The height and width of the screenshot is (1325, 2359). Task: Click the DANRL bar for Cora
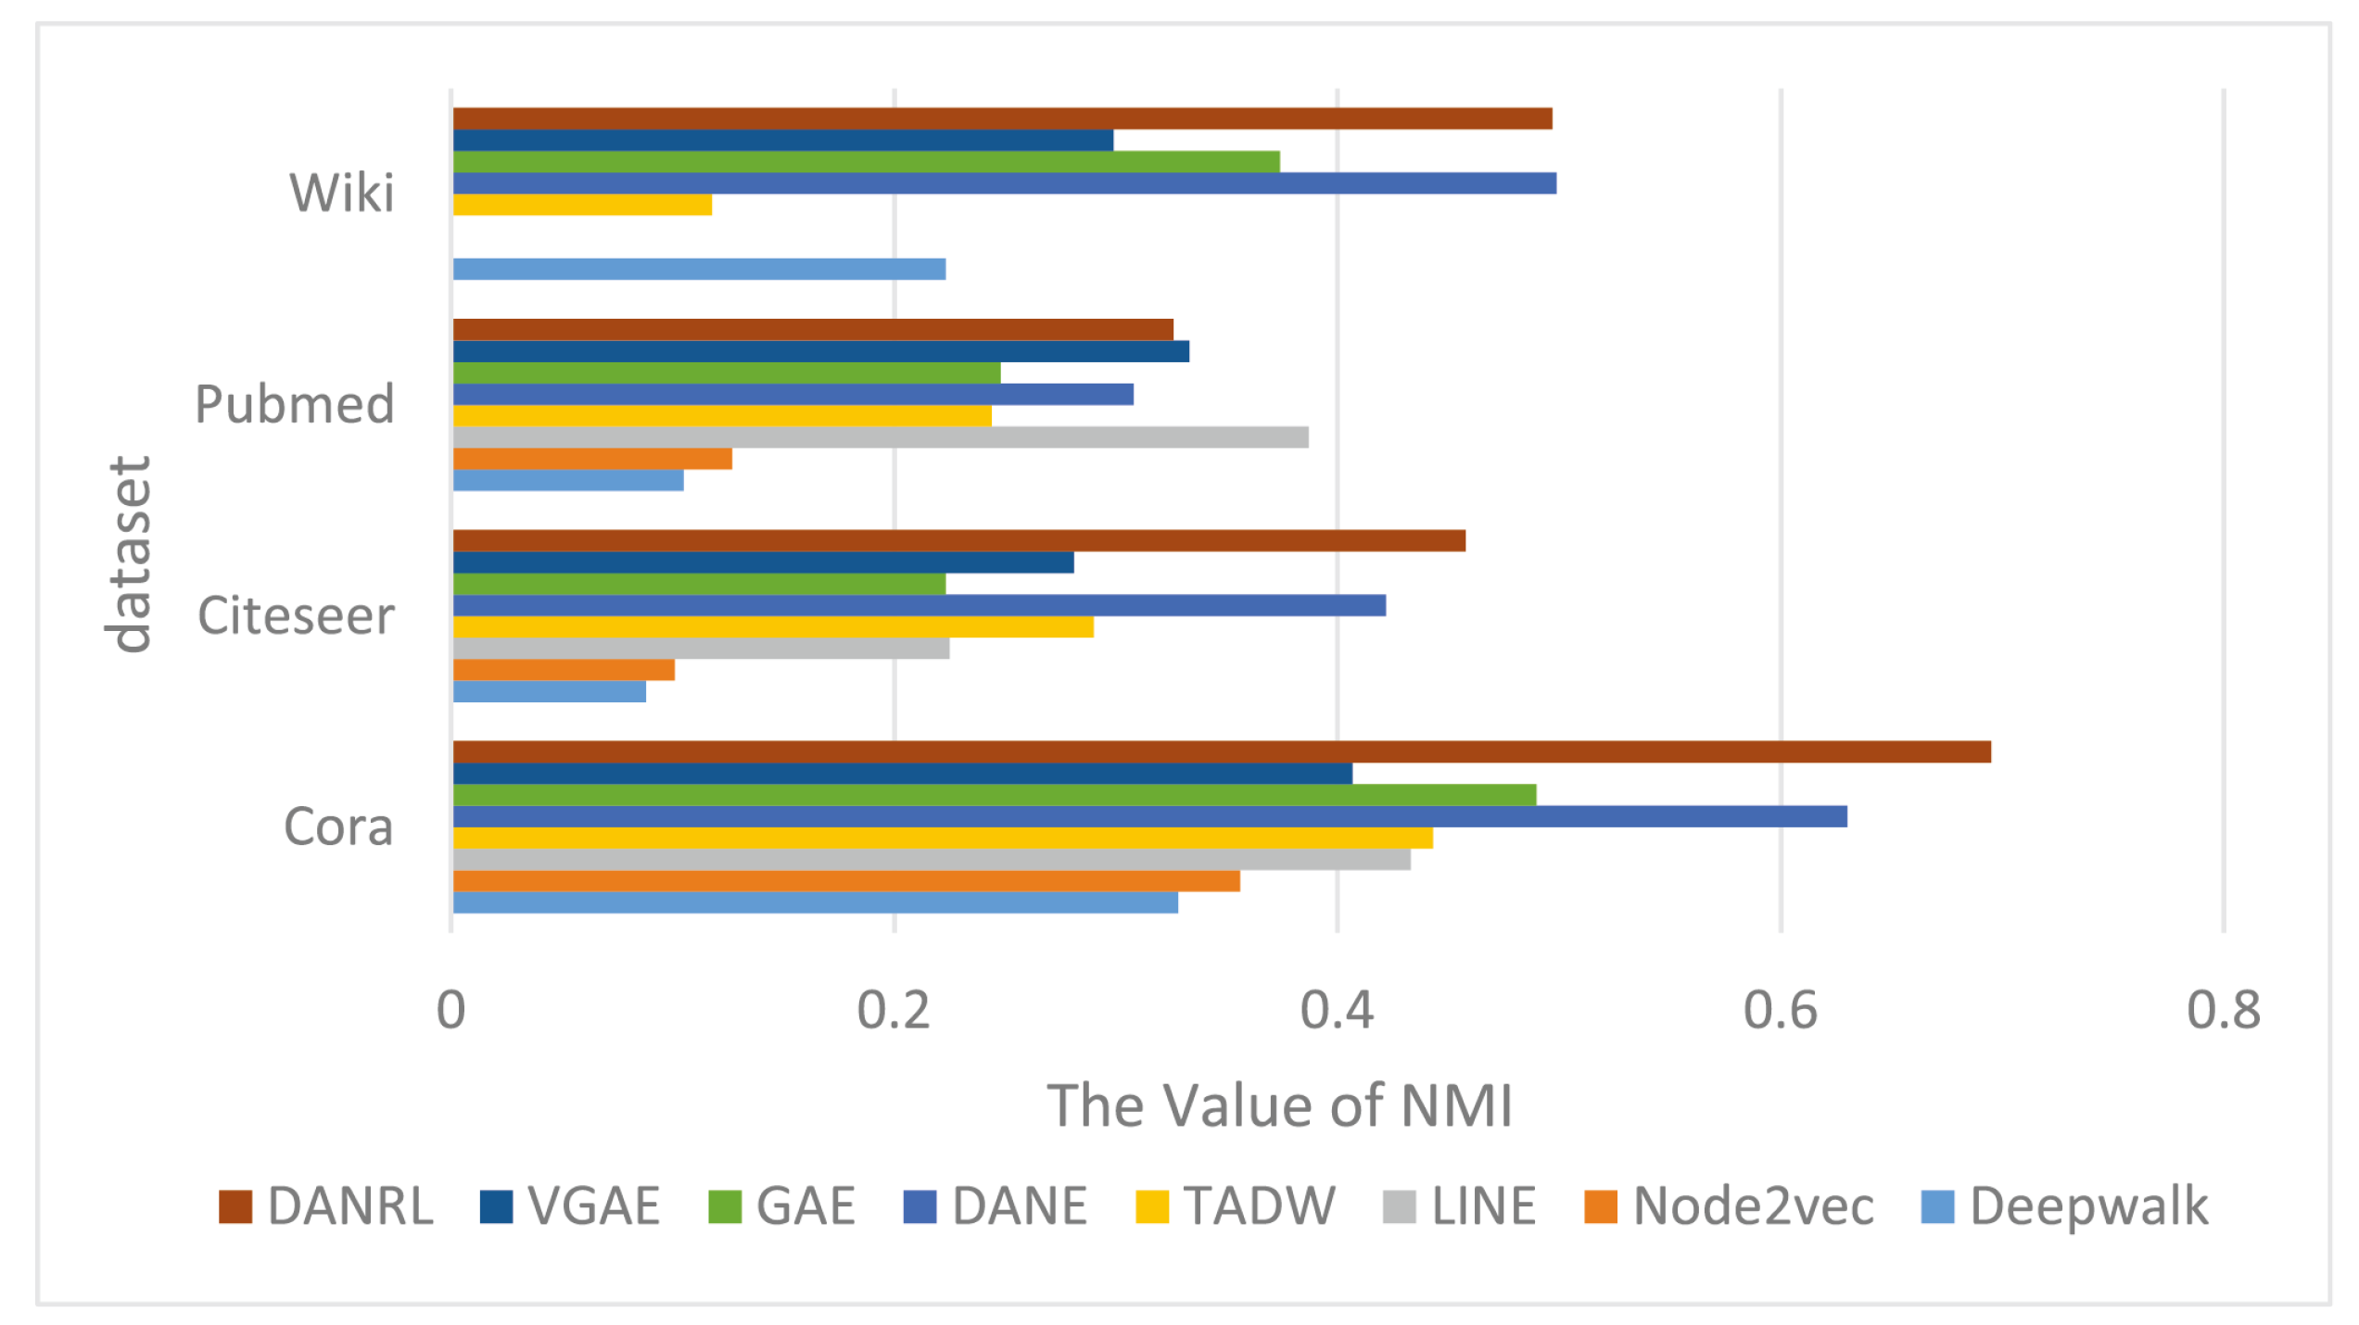1222,751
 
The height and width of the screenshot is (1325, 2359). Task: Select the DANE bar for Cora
1149,816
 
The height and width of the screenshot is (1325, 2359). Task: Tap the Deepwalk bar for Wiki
699,269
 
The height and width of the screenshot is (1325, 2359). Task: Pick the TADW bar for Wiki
582,205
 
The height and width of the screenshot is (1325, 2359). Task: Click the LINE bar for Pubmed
881,437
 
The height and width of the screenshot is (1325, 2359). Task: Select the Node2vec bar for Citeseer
564,670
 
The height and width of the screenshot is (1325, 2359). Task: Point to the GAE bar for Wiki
866,161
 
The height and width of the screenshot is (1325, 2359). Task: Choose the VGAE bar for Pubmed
820,351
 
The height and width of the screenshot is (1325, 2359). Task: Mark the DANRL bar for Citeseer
958,541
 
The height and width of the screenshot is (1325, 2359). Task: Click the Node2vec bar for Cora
846,881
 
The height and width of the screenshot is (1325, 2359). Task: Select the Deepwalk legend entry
2064,1206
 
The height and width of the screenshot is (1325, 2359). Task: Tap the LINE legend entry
1459,1206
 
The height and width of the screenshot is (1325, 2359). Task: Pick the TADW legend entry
1236,1206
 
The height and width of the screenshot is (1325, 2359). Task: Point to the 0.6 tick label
1780,1011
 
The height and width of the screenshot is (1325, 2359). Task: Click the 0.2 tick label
894,1011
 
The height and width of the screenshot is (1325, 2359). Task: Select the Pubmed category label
295,405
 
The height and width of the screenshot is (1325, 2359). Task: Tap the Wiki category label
342,194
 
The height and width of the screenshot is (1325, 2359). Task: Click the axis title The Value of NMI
1279,1106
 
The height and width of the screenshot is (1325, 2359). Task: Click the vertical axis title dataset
129,554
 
